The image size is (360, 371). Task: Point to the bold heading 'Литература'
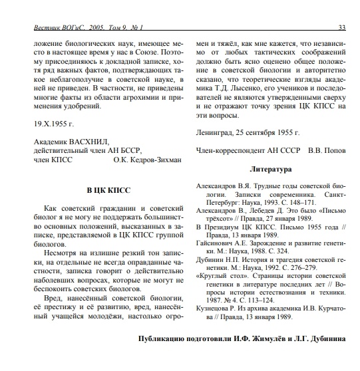pos(270,168)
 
